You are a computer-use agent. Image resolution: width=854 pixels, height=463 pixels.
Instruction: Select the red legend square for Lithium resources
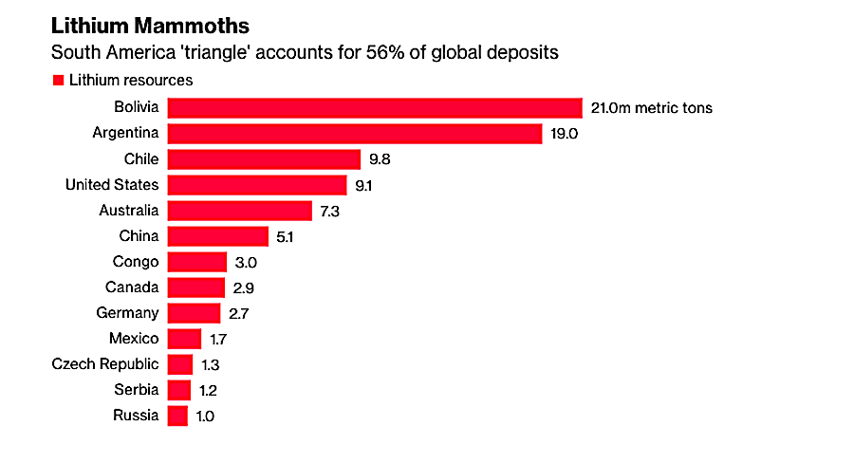point(58,81)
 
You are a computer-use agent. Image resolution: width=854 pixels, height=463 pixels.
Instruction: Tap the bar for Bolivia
point(374,107)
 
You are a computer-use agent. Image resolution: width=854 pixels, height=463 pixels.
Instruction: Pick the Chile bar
point(264,158)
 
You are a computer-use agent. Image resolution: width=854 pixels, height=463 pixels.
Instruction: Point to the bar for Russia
point(177,416)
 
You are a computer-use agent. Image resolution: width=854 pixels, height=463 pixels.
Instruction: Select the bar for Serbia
point(178,390)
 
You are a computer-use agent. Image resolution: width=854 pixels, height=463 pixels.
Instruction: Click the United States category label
point(112,184)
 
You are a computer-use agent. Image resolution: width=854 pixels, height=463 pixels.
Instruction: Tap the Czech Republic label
point(105,364)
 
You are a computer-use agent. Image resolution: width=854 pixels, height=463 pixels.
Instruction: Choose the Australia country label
point(129,210)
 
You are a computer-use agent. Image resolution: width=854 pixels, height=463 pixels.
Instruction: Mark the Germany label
point(128,312)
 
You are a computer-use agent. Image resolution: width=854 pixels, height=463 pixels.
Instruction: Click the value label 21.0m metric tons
point(651,108)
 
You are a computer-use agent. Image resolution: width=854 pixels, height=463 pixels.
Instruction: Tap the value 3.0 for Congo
point(247,262)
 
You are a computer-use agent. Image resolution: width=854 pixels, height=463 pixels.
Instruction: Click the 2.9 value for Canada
point(245,287)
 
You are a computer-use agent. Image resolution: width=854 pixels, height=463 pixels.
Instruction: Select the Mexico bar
point(184,339)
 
